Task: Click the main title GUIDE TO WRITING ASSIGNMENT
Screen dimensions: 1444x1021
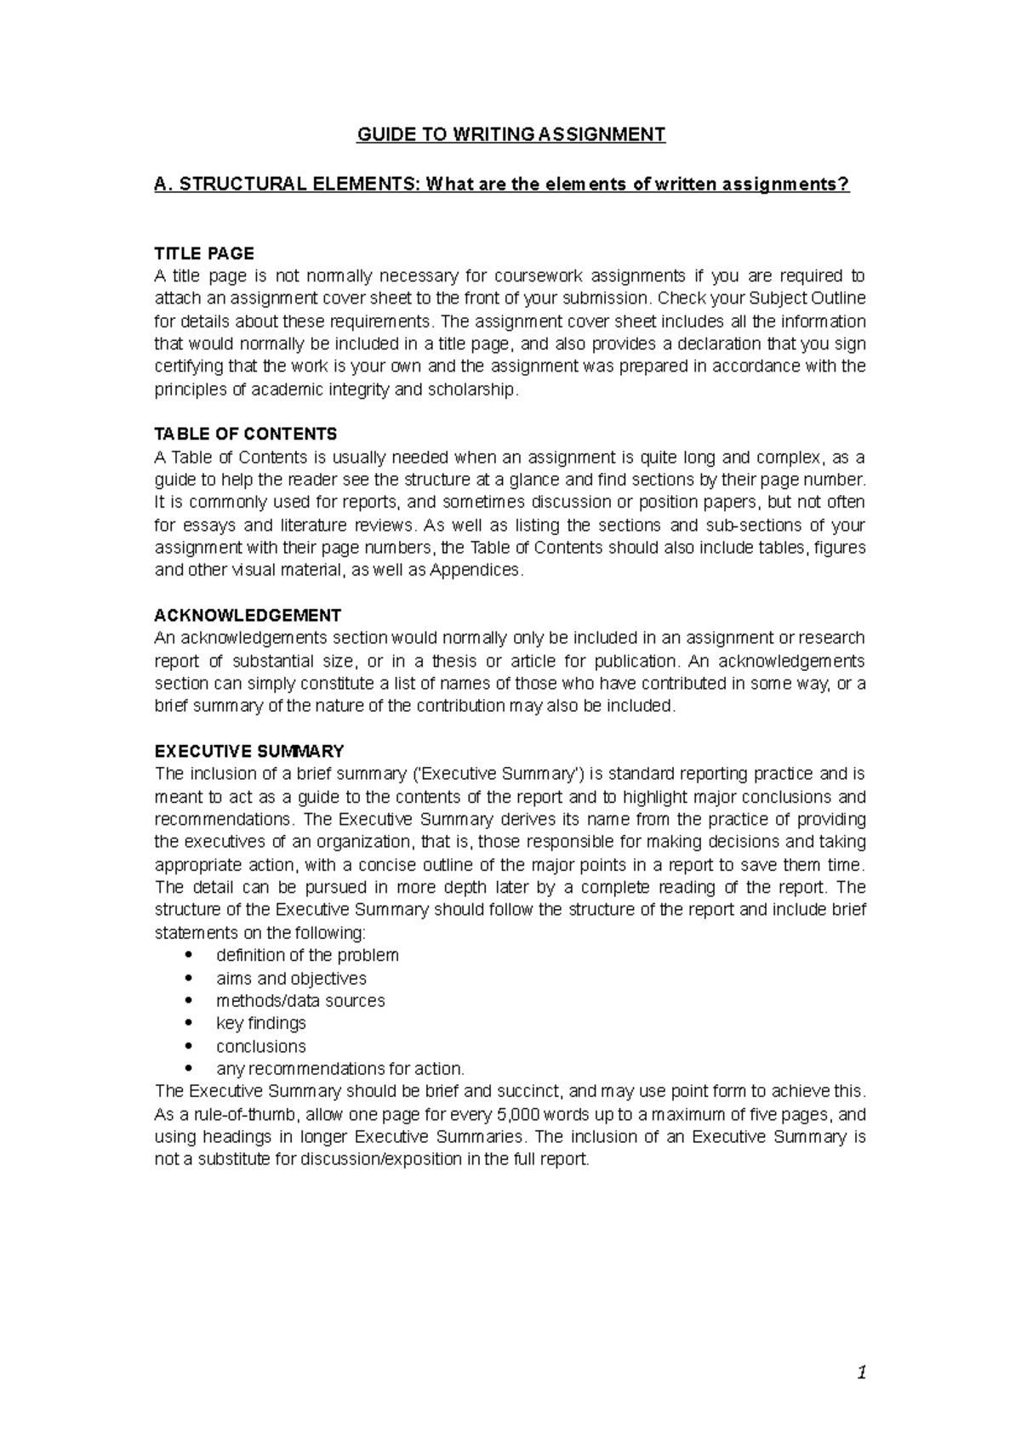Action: (x=510, y=134)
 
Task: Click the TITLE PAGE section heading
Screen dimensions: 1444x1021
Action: (x=204, y=253)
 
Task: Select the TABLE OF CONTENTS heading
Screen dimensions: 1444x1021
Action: (x=246, y=435)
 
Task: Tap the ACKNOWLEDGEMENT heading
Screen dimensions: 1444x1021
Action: (x=248, y=616)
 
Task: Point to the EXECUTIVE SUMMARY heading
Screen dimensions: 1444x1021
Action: (x=249, y=752)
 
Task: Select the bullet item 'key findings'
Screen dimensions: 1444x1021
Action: (x=261, y=1023)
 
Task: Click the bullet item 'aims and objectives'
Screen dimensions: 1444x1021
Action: (x=291, y=978)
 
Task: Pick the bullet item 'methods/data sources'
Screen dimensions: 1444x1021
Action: (x=300, y=1001)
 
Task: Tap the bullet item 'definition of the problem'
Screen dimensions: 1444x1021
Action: (x=307, y=955)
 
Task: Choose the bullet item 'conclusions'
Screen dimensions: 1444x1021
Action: (x=261, y=1046)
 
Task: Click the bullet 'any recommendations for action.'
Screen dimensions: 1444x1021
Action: (x=340, y=1069)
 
